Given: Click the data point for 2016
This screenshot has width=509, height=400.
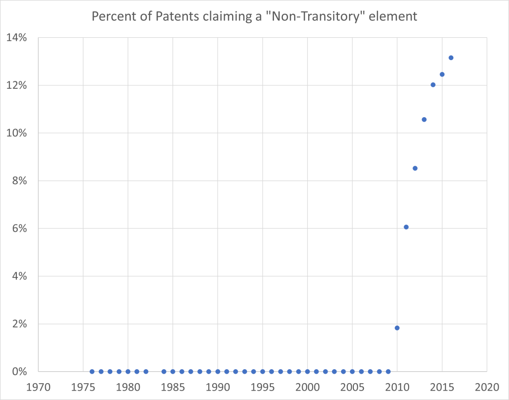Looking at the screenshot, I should pos(451,58).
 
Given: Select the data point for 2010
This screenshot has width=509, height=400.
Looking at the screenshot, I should pos(397,328).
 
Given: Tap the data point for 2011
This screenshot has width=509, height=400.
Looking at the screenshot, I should pos(406,227).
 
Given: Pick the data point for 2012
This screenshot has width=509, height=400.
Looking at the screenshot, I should pos(415,168).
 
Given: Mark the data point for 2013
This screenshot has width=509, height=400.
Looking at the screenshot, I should pos(424,119).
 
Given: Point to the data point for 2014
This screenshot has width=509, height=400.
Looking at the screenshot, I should pos(433,84).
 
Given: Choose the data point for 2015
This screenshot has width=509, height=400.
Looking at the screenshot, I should pos(442,74).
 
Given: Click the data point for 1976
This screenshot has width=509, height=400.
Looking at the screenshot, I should pos(92,371).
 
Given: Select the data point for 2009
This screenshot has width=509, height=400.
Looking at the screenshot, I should pos(388,371).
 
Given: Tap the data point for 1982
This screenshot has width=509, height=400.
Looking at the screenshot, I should pos(146,371).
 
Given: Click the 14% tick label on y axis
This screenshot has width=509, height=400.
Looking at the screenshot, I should pos(16,38).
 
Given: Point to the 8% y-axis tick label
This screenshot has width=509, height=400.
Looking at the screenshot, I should pos(19,181).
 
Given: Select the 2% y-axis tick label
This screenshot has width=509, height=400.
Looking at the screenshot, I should pos(19,324).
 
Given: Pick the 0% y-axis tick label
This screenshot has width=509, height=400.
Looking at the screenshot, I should pos(19,371).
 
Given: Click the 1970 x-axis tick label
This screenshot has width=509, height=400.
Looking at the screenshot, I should pos(38,387).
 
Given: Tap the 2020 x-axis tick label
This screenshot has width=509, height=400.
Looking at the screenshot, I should pos(487,387).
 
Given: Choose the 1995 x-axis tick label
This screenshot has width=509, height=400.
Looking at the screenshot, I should pos(262,387).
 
